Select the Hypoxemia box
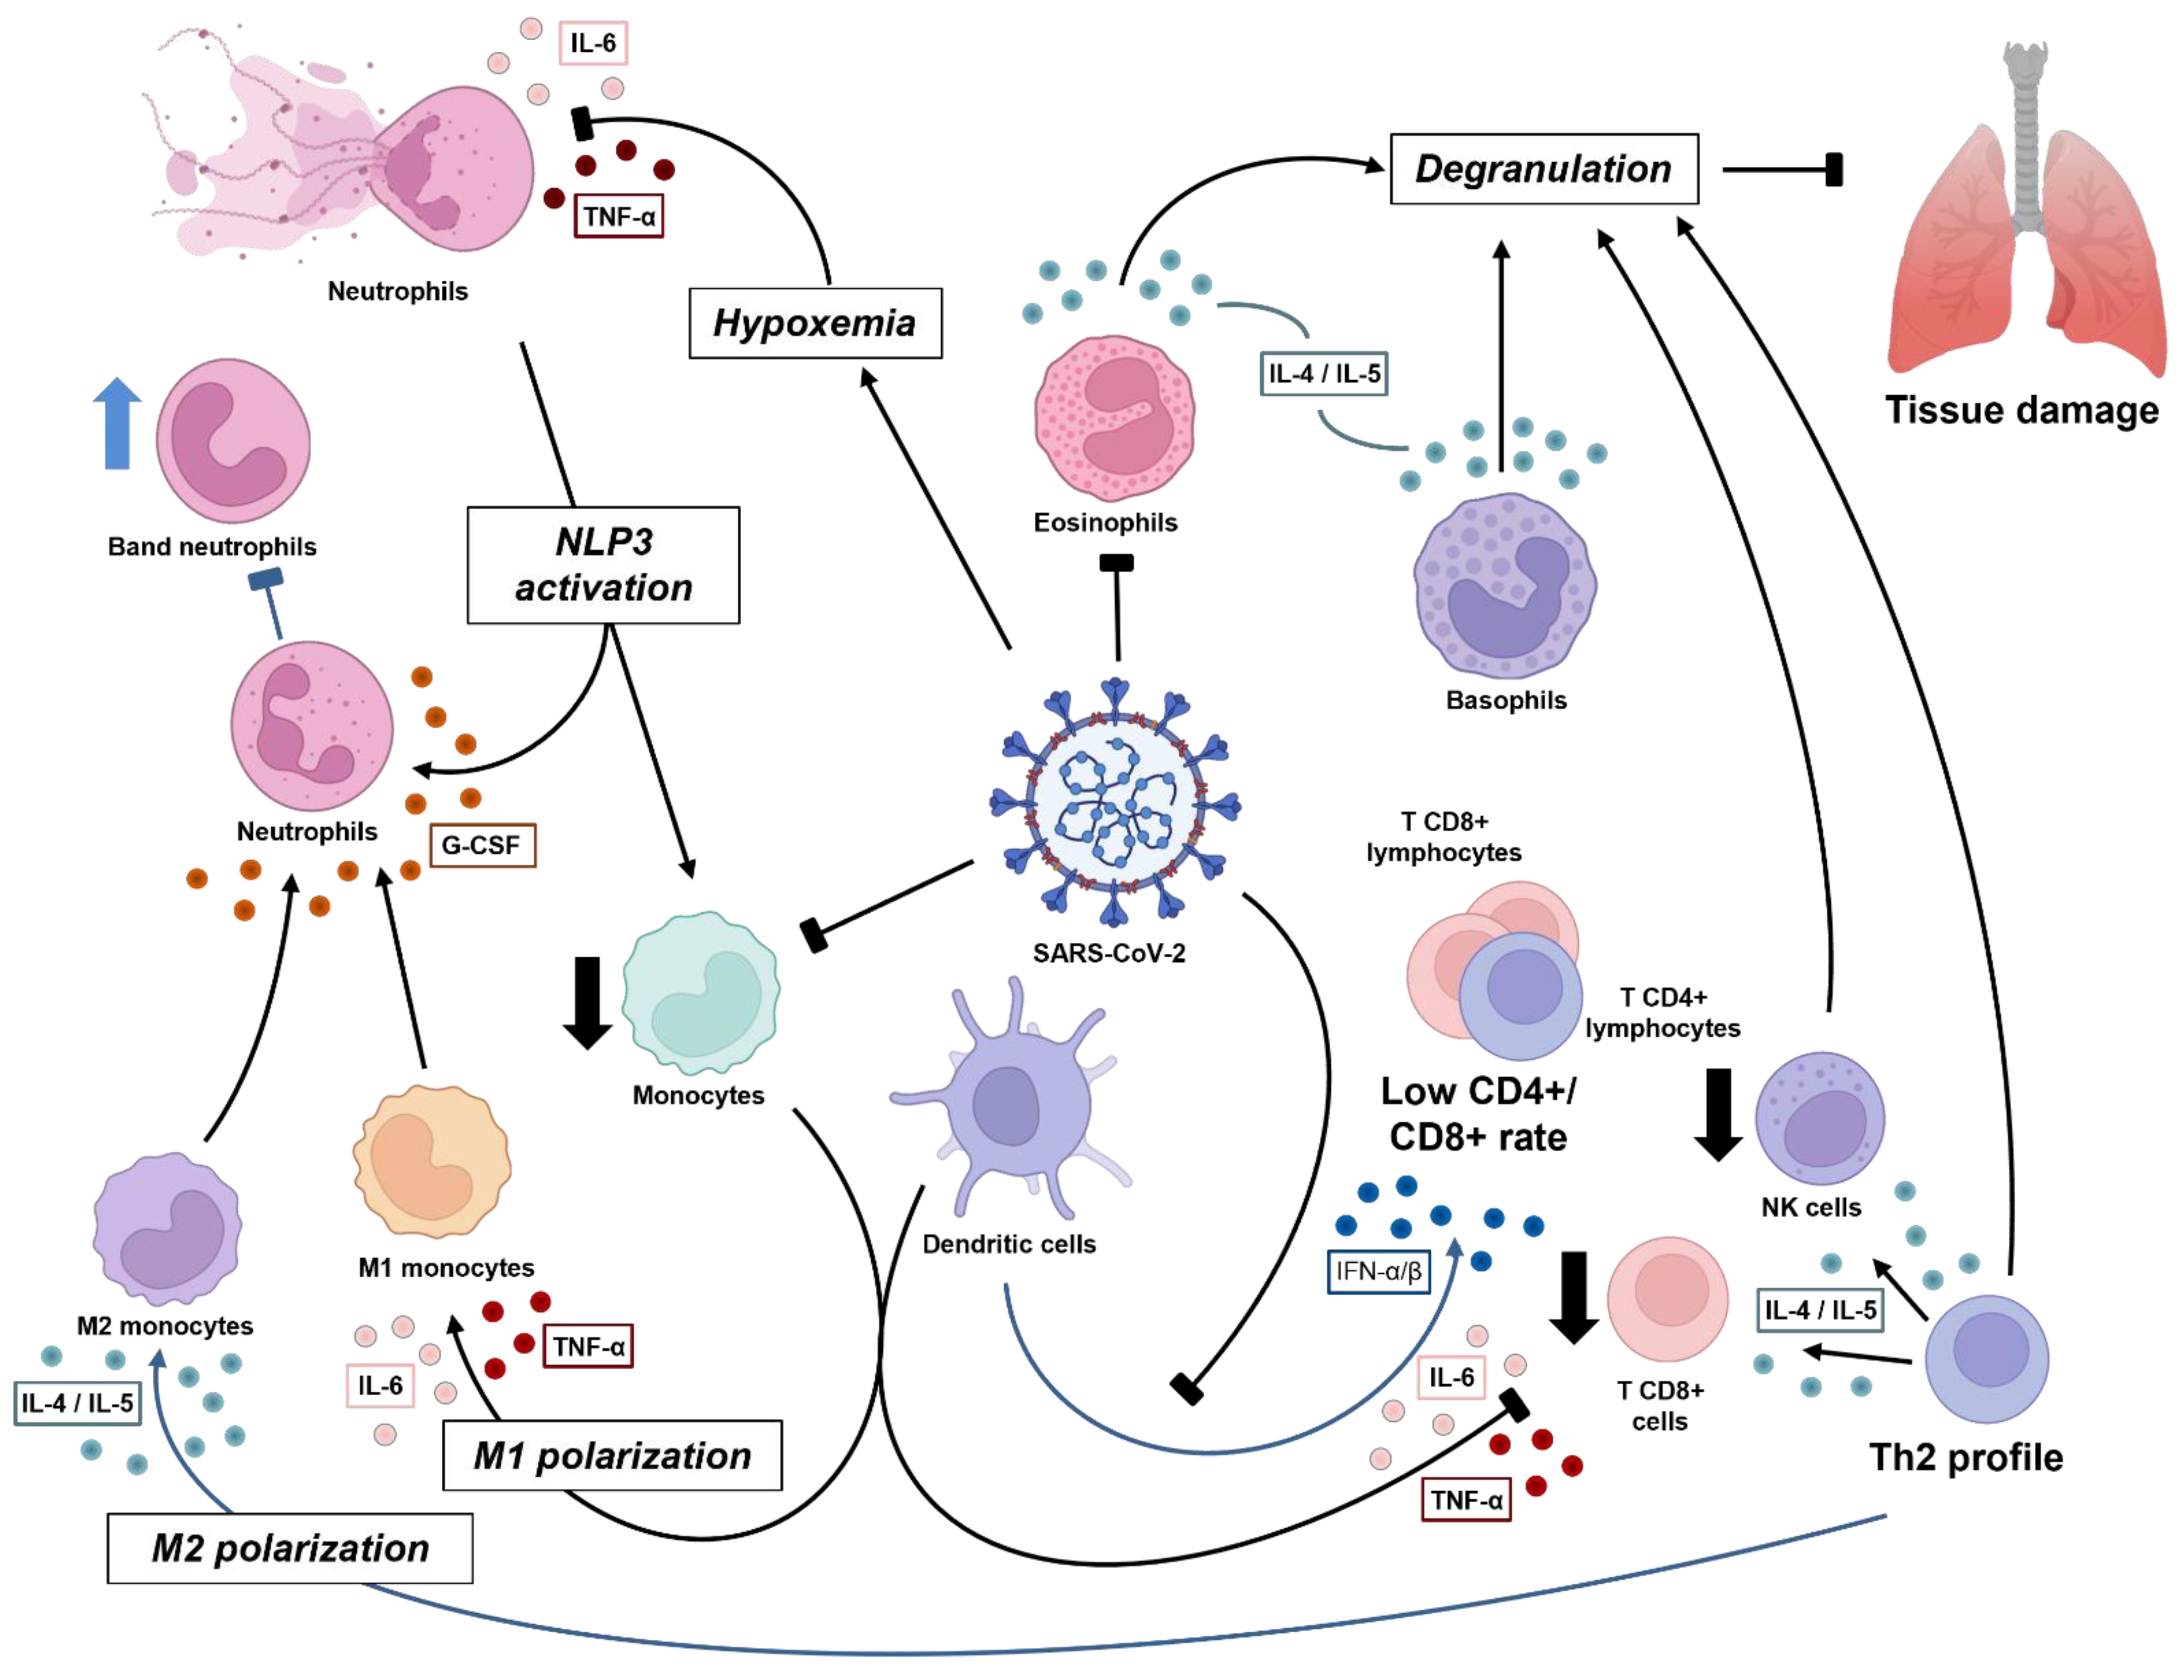815,322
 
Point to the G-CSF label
482,845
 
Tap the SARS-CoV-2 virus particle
1114,802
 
